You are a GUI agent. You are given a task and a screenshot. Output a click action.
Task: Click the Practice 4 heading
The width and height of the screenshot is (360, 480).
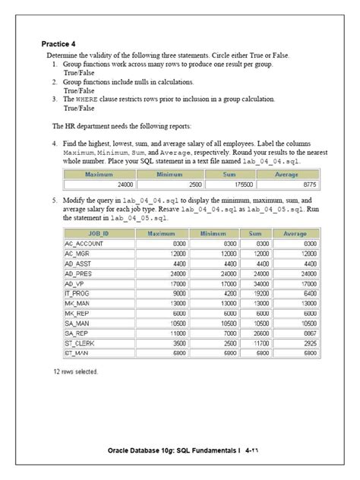(58, 45)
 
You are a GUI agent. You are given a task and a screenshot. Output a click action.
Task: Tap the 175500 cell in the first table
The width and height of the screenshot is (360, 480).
(241, 184)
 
